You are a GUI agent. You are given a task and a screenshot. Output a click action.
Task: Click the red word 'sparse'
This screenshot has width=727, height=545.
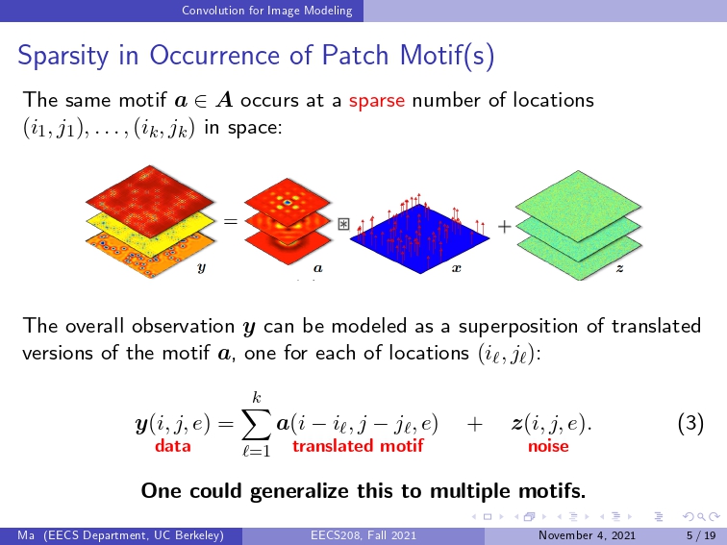tap(377, 101)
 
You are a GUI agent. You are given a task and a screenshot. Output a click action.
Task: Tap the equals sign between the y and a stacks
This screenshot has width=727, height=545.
tap(231, 221)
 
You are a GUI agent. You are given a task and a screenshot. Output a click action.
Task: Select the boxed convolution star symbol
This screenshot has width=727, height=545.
tap(343, 224)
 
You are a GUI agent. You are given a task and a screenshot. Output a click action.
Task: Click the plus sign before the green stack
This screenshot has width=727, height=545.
tap(505, 226)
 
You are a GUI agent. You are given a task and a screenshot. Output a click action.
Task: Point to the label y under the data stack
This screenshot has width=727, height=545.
tap(201, 267)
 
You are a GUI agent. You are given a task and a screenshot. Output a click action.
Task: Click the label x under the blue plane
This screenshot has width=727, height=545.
tap(457, 268)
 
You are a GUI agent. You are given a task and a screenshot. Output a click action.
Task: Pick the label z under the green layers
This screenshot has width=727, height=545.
tap(619, 268)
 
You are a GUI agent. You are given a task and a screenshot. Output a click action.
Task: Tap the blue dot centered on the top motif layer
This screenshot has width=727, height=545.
tap(288, 203)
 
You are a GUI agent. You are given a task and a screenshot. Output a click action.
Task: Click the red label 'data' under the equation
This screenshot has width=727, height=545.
tap(172, 445)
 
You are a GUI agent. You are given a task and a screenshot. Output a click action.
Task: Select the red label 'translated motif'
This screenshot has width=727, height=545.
tap(358, 445)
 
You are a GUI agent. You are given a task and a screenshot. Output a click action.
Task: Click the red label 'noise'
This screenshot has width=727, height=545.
tap(548, 445)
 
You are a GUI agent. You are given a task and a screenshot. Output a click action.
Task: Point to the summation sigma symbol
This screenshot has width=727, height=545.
tap(257, 424)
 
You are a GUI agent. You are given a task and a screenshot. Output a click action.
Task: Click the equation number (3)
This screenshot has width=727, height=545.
tap(690, 423)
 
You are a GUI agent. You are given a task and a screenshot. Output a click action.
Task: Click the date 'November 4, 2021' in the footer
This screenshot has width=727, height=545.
tap(587, 535)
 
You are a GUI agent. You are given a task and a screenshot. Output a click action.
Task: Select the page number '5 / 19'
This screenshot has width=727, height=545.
tap(701, 535)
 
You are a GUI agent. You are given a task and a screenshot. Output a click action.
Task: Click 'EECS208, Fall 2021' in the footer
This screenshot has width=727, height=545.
tap(363, 535)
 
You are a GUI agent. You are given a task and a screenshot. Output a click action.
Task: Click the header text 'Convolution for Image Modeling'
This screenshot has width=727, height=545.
tap(267, 11)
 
